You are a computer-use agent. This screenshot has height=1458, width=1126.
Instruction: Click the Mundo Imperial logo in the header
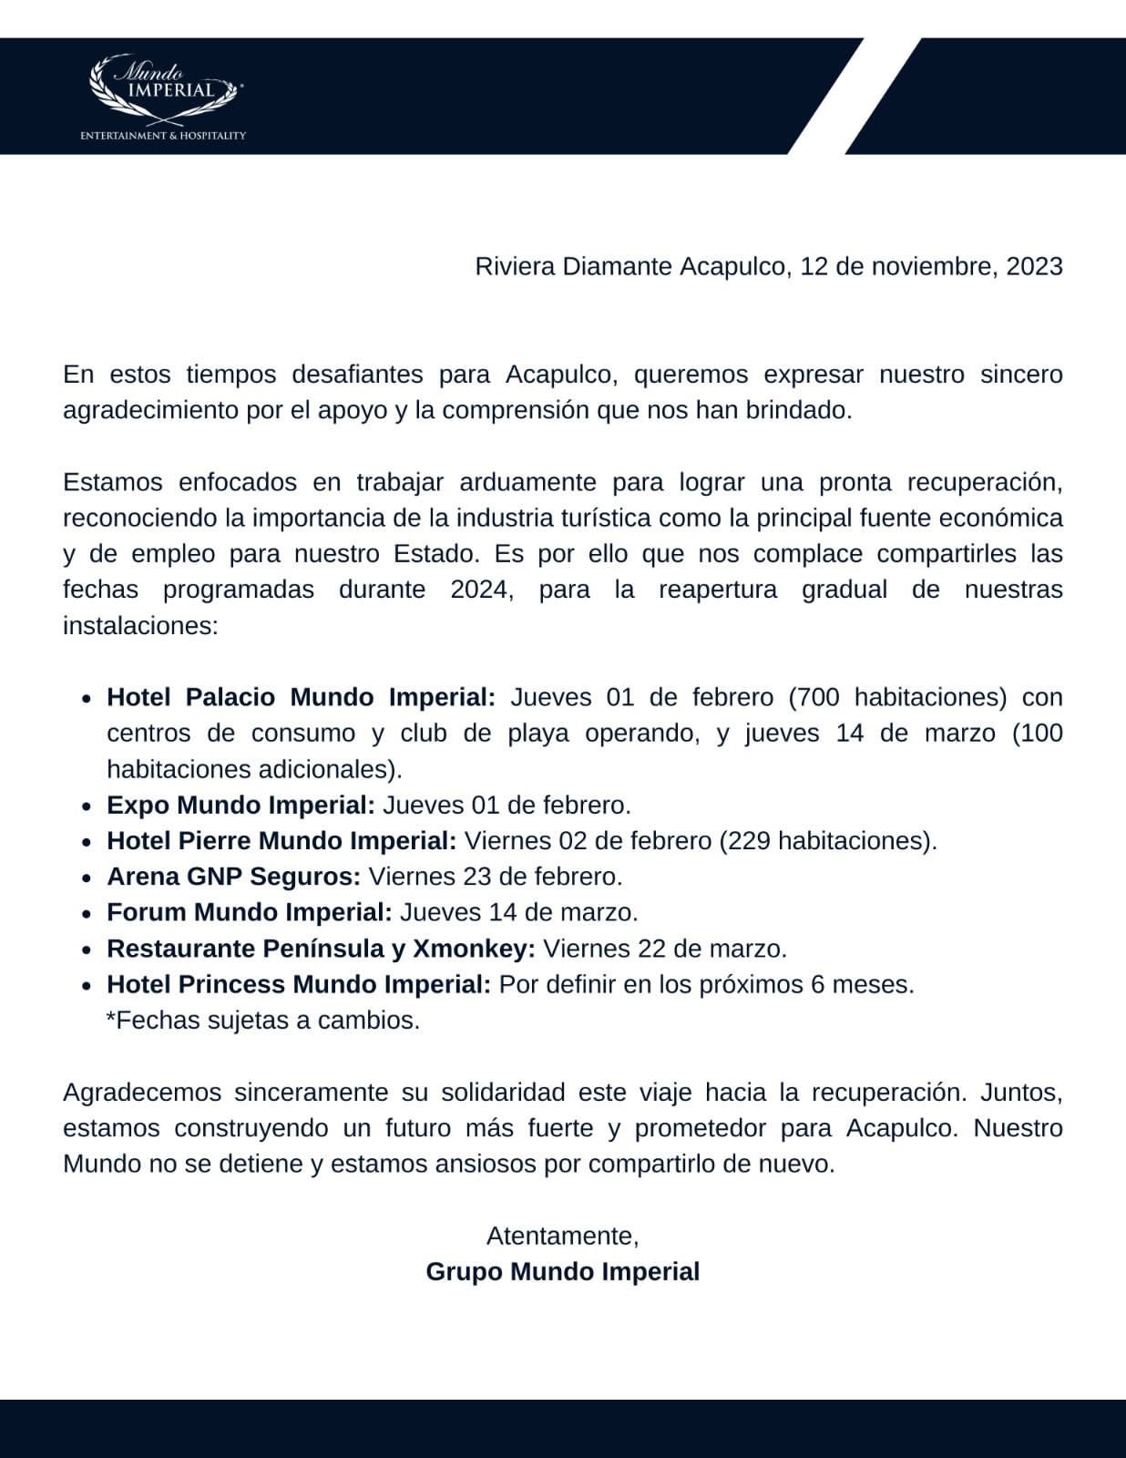(164, 89)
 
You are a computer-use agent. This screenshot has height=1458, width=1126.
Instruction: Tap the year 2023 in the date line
(1034, 266)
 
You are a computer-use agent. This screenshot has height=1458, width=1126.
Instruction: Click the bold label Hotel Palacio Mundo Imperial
(301, 697)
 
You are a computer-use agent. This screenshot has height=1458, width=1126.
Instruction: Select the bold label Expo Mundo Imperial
(241, 806)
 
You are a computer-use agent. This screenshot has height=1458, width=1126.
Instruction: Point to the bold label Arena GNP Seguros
(233, 877)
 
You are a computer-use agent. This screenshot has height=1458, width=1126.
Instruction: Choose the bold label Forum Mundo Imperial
(249, 912)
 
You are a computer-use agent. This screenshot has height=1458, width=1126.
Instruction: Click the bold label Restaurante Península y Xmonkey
(321, 949)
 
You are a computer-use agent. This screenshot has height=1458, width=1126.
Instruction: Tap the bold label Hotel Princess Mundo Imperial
(299, 984)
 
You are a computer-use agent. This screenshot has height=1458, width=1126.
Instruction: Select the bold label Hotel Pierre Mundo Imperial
(281, 840)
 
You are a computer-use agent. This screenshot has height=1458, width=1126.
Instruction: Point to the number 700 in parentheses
(820, 697)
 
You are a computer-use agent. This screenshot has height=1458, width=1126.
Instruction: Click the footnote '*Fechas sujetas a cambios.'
(263, 1020)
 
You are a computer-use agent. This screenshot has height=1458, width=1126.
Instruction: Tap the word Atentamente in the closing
(562, 1236)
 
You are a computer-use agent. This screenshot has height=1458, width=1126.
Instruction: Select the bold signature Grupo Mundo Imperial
(562, 1271)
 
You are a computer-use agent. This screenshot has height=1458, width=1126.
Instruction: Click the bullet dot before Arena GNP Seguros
(86, 878)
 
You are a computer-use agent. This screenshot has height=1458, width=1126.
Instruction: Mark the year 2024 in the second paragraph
(479, 590)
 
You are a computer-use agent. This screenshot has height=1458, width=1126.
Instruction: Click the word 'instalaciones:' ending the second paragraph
(140, 626)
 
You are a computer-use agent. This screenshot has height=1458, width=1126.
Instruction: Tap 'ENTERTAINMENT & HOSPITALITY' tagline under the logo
(163, 136)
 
